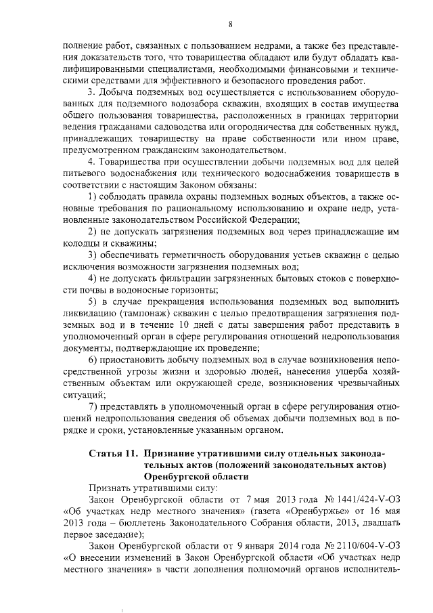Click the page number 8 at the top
click(230, 25)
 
